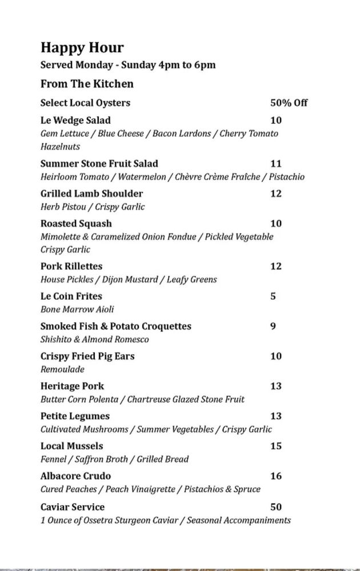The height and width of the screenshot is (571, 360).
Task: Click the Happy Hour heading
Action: coord(82,47)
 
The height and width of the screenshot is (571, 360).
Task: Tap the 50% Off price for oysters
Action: coord(289,103)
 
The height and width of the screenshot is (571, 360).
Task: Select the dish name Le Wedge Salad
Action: coord(75,120)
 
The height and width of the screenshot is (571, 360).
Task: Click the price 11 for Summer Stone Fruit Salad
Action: coord(276,163)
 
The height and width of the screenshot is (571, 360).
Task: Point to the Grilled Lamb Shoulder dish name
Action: coord(91,194)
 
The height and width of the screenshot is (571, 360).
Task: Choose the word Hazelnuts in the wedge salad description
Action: coord(60,147)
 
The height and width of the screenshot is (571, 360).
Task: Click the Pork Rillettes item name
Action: coord(71,266)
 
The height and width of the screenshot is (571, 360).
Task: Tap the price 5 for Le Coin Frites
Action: coord(273,296)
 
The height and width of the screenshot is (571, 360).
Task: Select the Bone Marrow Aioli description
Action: coord(77,309)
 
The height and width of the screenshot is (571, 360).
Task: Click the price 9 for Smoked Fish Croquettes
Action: coord(273,326)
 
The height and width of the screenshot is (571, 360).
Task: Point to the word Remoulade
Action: coord(62,369)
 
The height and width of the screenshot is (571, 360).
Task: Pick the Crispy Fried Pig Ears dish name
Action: coord(87,356)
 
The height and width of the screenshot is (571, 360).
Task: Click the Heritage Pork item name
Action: coord(72,386)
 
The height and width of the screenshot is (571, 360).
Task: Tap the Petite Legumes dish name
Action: coord(75,416)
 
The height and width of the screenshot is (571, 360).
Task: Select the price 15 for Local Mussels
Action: coord(276,446)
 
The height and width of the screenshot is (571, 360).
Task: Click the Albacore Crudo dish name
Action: coord(75,476)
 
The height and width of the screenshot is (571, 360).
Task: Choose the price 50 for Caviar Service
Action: coord(276,506)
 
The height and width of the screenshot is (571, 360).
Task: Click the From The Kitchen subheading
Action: coord(87,84)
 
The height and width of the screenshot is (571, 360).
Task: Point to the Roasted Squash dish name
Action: coord(76,223)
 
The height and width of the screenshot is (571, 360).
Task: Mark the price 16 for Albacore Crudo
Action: coord(276,476)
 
